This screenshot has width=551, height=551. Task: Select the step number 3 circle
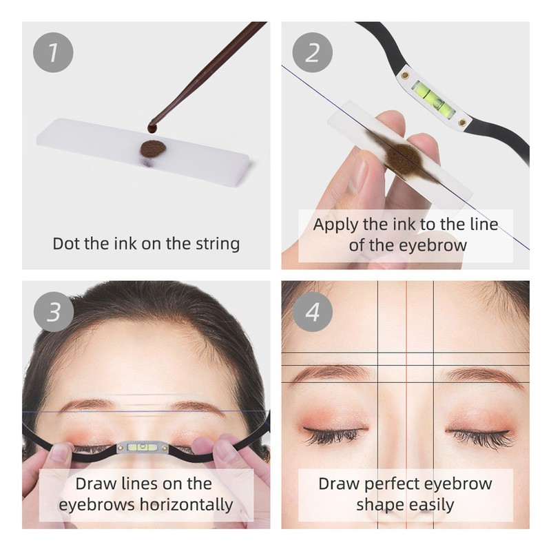(x=52, y=312)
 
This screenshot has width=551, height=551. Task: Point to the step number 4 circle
(x=313, y=312)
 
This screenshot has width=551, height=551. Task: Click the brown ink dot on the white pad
(x=152, y=147)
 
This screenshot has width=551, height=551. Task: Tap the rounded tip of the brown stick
(x=152, y=128)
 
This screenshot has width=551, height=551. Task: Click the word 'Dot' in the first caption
(x=69, y=243)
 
